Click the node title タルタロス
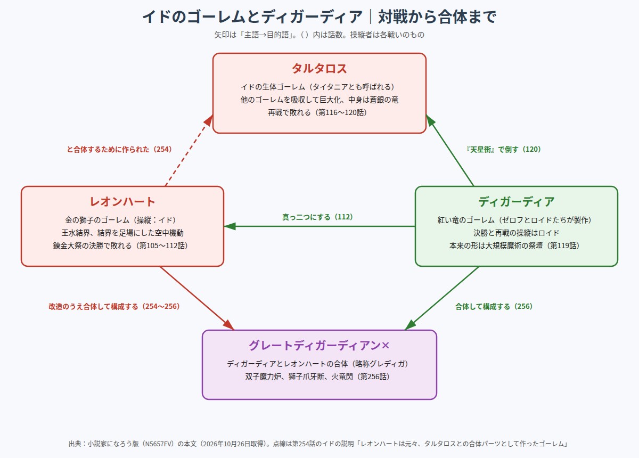point(319,69)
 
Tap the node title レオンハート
point(122,202)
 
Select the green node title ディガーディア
point(517,202)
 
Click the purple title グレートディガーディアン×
point(319,345)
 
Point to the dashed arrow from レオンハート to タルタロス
point(189,150)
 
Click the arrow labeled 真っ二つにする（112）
point(319,226)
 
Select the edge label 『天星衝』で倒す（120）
point(503,149)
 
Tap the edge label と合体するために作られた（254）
point(119,149)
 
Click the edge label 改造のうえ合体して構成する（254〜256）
point(114,306)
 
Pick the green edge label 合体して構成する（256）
point(494,306)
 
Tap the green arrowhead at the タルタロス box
point(430,120)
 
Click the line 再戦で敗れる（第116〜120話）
point(317,112)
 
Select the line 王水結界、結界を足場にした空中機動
point(122,233)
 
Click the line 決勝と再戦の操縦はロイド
point(517,233)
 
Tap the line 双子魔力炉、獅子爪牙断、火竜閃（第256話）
point(317,377)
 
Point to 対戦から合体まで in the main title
point(437,17)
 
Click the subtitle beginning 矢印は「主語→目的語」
point(319,35)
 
